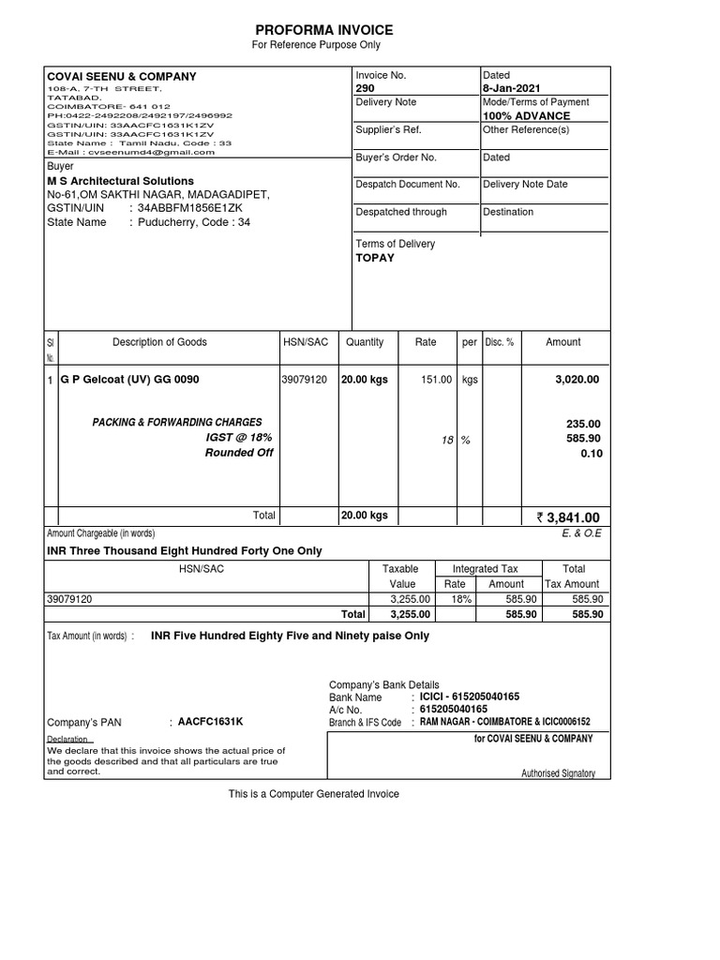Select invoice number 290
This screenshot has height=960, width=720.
pos(365,88)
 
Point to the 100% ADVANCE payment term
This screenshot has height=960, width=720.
pos(526,116)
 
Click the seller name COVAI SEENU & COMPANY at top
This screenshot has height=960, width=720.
pos(122,77)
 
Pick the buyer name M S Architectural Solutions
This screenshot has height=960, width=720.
pos(121,181)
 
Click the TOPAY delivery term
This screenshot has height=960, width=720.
pos(375,258)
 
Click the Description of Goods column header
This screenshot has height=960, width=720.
pos(159,342)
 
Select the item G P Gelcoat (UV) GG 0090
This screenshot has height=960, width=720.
pos(129,380)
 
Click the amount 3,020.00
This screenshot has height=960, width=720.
pos(577,380)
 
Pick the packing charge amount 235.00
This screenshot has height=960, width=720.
pos(583,424)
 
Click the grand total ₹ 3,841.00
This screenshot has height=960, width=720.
pos(567,517)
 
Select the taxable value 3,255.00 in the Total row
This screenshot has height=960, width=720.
pos(410,615)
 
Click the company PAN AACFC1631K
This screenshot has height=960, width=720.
pos(211,721)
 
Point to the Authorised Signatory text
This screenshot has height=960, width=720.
pos(558,773)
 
